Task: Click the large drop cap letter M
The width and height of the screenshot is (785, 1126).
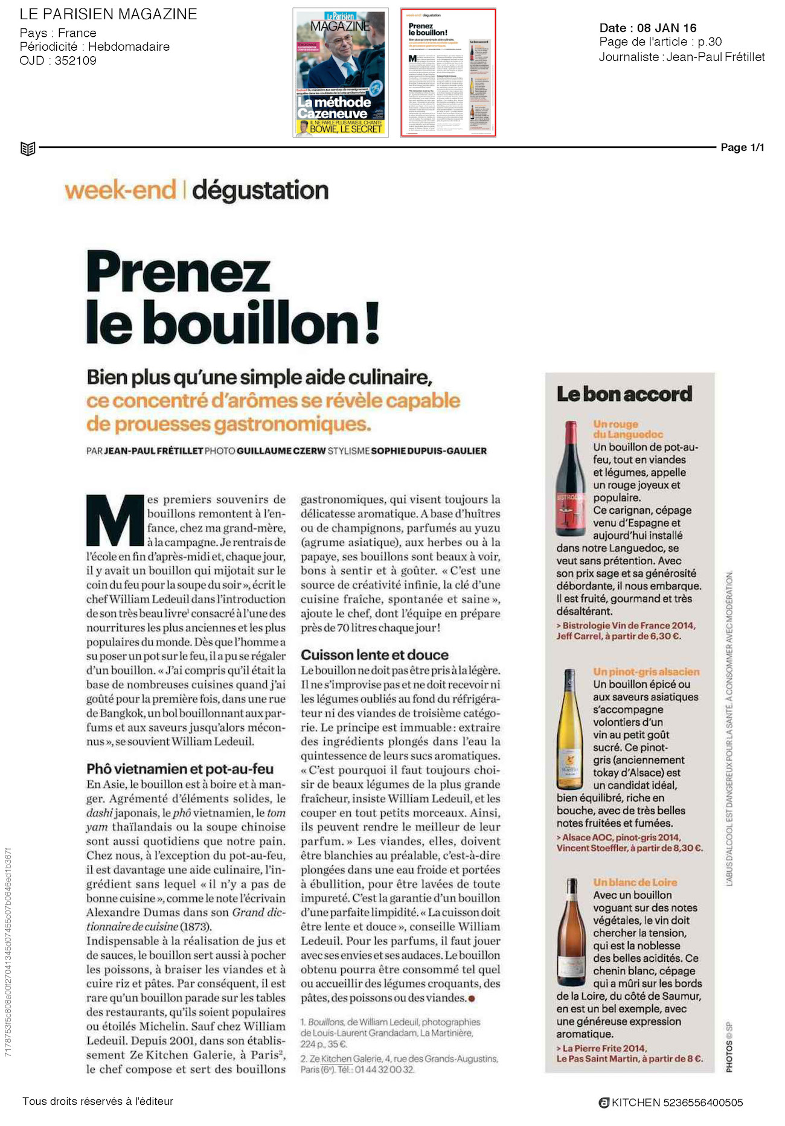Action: click(x=115, y=520)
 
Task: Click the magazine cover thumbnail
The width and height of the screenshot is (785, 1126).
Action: click(x=341, y=72)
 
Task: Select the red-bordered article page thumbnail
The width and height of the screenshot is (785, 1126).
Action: click(x=448, y=72)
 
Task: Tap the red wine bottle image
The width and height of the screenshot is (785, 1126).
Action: click(x=571, y=479)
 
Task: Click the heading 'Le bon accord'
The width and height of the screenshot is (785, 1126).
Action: click(x=624, y=394)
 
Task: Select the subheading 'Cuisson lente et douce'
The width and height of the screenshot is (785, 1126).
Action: click(x=374, y=655)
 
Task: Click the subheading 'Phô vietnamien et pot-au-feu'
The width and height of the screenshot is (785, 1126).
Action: click(x=180, y=769)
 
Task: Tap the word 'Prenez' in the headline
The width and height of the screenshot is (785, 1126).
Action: click(x=178, y=272)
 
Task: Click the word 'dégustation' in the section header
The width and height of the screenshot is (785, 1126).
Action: click(x=260, y=190)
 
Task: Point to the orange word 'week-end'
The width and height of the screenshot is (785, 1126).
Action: click(x=121, y=190)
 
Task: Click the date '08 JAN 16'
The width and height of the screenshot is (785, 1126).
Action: click(x=667, y=28)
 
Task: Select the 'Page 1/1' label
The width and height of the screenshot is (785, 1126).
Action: click(x=742, y=147)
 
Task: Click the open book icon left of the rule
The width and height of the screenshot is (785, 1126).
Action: click(x=28, y=148)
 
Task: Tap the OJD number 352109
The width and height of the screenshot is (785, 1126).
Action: click(x=75, y=60)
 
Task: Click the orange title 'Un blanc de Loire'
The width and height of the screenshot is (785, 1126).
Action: click(x=635, y=882)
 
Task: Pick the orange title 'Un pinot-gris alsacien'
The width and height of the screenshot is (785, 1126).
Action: click(x=646, y=671)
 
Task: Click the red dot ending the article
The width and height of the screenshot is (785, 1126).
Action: click(x=472, y=999)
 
